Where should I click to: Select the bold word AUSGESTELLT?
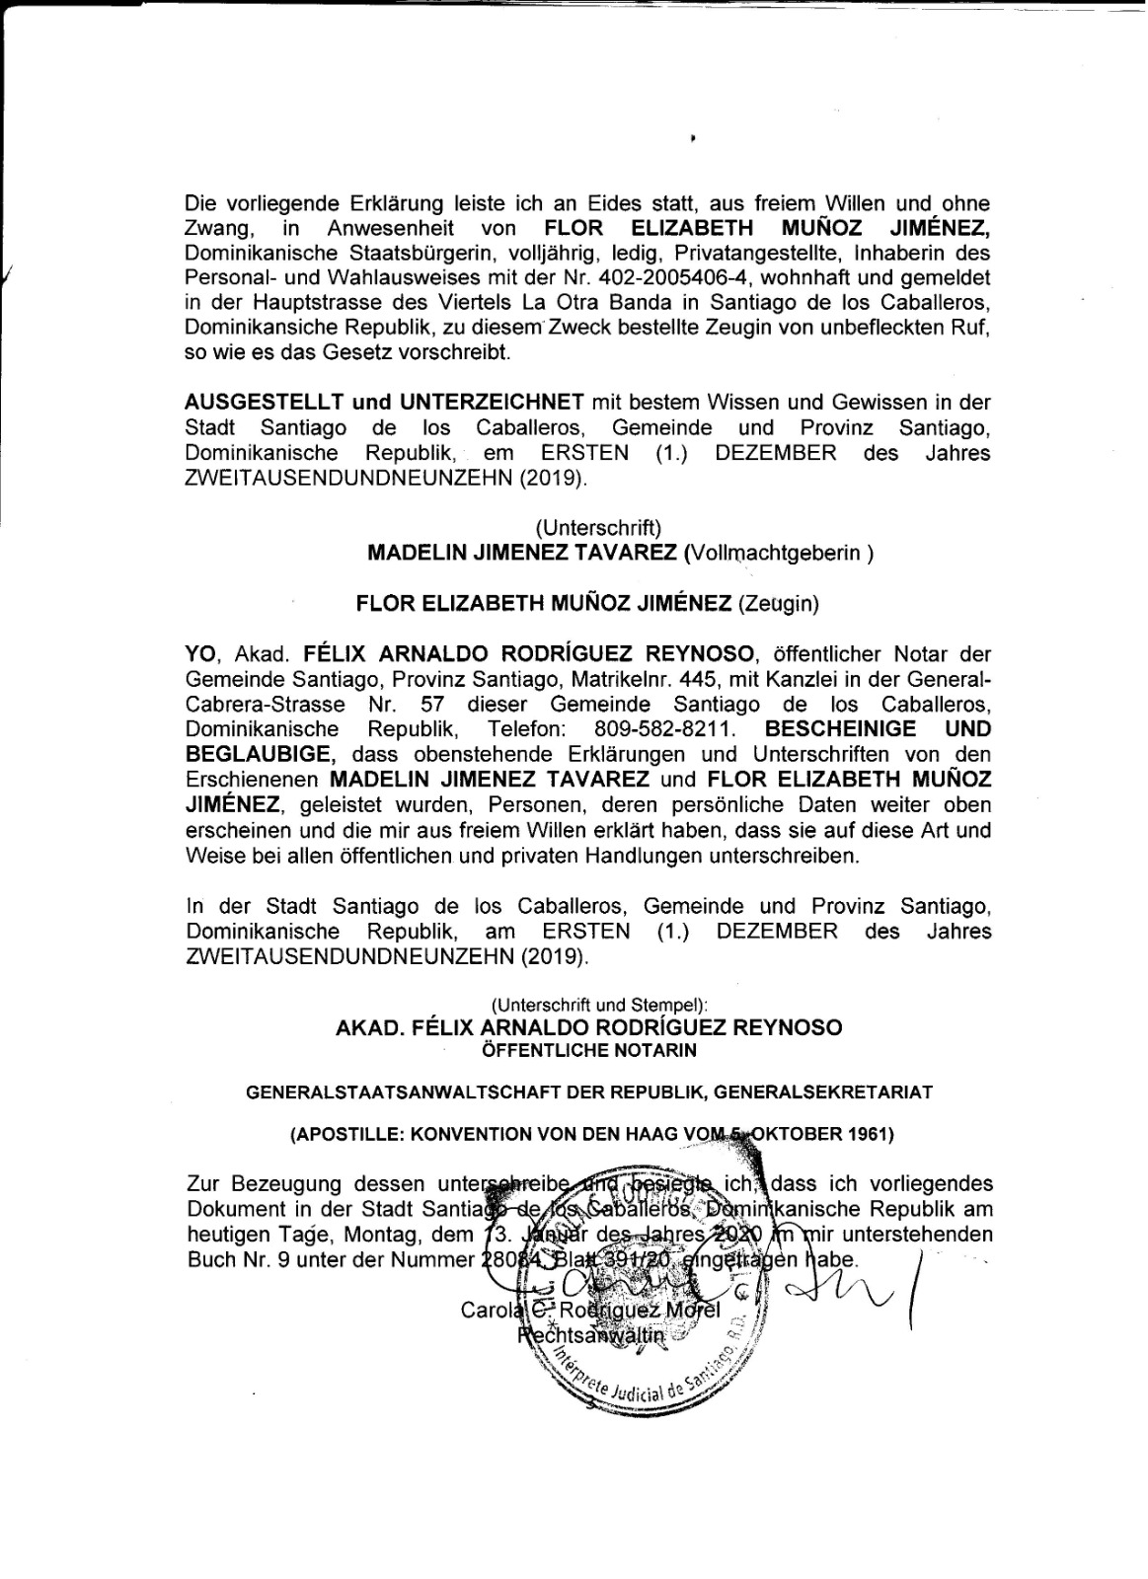click(x=263, y=402)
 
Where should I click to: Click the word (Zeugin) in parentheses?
click(x=779, y=604)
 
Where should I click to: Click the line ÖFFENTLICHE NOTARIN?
click(x=588, y=1050)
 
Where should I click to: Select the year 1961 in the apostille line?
click(x=872, y=1134)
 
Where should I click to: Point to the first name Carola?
click(x=488, y=1312)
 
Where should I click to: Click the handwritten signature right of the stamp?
click(x=839, y=1293)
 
